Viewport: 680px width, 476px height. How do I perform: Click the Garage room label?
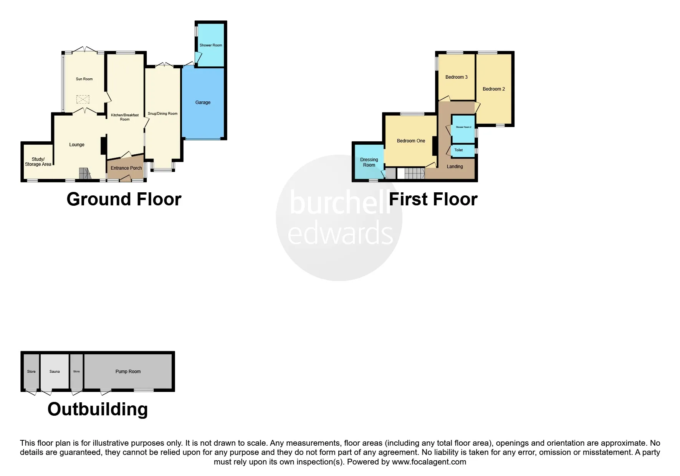click(203, 102)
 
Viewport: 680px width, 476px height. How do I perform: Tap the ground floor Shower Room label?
click(210, 45)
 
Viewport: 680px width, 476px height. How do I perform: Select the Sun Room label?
click(84, 79)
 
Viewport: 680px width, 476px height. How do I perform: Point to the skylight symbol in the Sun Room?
click(83, 100)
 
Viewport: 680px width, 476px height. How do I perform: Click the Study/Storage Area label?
click(38, 162)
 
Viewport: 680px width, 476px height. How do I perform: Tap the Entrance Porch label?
click(126, 168)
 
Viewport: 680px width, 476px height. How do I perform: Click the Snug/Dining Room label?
click(162, 114)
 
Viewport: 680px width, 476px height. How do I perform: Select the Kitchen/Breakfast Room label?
click(125, 117)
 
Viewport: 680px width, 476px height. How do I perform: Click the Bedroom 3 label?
click(456, 77)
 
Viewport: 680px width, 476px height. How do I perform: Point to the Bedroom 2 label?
click(493, 89)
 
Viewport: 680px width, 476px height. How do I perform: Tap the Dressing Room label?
click(369, 162)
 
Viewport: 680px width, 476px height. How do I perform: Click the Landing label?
click(455, 167)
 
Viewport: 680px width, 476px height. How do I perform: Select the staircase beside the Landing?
click(414, 174)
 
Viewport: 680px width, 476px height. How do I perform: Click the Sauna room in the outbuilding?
click(55, 372)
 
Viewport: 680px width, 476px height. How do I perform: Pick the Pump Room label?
click(128, 372)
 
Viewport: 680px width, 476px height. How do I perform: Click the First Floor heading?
click(433, 200)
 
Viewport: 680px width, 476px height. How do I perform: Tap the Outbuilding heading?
click(98, 409)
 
